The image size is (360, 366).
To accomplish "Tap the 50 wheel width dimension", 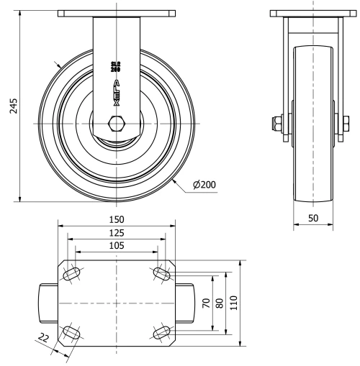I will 313,216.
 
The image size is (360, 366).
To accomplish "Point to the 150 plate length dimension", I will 116,219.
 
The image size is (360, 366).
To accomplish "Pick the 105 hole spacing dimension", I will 116,245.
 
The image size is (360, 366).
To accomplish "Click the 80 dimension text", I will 220,303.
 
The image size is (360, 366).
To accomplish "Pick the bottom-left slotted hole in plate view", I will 72,332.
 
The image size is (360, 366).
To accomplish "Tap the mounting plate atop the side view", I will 313,14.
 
